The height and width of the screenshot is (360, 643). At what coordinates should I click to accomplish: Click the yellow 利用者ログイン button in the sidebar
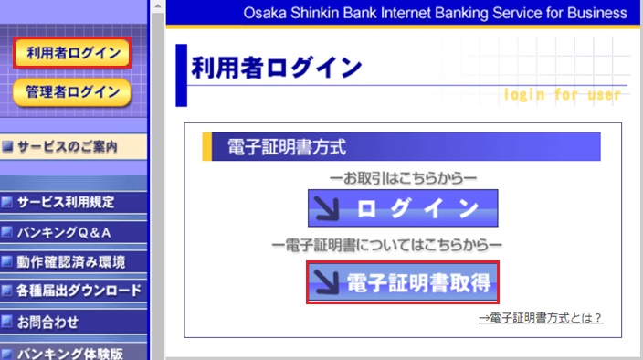tap(72, 52)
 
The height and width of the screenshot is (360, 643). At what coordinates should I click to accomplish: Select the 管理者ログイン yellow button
tap(72, 92)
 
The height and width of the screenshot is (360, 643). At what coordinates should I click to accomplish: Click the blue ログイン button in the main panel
tap(403, 208)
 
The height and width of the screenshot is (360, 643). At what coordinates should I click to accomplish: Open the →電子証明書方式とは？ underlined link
tap(541, 318)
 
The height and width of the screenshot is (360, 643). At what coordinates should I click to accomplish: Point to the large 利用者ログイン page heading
tap(277, 68)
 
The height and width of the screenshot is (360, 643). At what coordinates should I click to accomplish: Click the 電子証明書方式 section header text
tap(287, 147)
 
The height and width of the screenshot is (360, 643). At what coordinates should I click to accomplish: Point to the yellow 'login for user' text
tap(563, 94)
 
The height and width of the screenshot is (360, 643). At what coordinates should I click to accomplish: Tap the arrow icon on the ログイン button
tap(327, 208)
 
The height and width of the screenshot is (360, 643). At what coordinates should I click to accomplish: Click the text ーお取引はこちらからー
tap(403, 178)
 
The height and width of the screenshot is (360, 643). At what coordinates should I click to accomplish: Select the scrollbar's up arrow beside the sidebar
tap(158, 6)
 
